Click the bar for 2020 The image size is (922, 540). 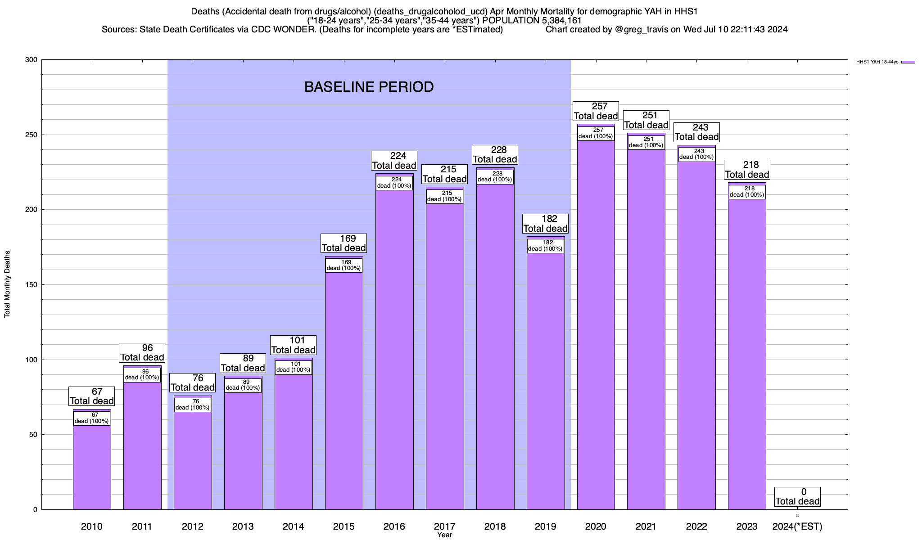point(596,324)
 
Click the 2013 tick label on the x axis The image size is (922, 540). point(243,526)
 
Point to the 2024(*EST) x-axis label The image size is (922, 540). point(797,526)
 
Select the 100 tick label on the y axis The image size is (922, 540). point(32,360)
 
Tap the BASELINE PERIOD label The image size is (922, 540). point(369,87)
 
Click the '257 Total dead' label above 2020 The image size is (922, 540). point(596,111)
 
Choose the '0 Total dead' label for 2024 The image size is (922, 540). point(798,497)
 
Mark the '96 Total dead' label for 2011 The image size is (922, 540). point(142,353)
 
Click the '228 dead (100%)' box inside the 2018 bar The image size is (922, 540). point(495,176)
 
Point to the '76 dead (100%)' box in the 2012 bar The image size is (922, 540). point(193,405)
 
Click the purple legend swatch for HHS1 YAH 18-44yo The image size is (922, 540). point(908,62)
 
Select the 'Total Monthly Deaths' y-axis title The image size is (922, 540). point(7,284)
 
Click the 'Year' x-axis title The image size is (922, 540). point(444,535)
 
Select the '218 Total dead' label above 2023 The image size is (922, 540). point(747,170)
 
